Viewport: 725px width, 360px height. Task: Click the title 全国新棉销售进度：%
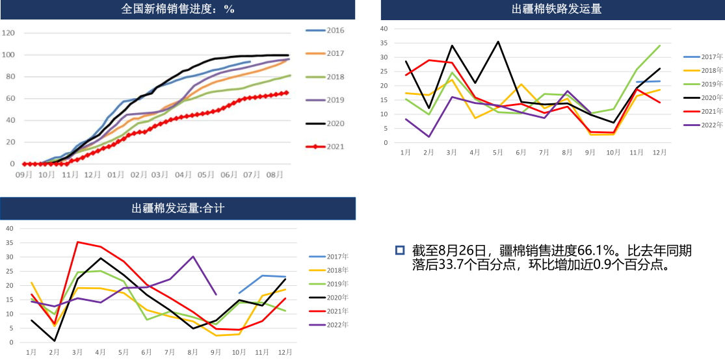coord(178,9)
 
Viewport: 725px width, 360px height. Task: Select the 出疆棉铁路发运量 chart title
coord(556,9)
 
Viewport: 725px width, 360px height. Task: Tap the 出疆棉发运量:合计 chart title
coord(178,208)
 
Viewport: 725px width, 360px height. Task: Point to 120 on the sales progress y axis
coord(8,32)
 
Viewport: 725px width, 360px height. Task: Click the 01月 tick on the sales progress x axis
coord(116,175)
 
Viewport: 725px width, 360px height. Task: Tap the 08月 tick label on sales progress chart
coord(275,175)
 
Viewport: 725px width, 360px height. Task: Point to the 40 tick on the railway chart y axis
coord(384,29)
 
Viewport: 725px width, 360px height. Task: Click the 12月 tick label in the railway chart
coord(659,152)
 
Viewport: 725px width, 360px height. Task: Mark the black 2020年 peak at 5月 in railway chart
coord(498,42)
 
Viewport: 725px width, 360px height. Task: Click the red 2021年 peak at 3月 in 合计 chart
coord(77,242)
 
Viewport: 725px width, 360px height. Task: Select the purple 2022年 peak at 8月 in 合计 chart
coord(193,256)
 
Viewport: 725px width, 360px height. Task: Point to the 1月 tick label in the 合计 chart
coord(31,352)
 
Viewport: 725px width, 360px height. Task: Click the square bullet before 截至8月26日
coord(400,250)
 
